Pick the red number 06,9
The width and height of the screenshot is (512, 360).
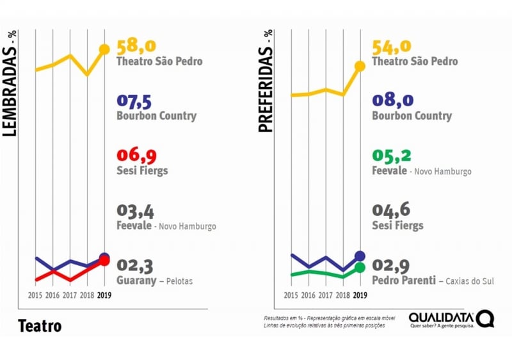pos(136,156)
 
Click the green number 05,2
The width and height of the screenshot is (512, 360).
pos(390,156)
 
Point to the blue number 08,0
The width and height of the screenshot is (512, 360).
pos(392,101)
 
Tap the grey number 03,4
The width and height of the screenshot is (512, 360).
pos(135,211)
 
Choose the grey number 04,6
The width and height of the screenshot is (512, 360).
pos(390,211)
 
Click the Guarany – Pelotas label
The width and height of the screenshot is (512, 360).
pos(154,281)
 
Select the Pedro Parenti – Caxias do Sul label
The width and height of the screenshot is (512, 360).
pos(433,281)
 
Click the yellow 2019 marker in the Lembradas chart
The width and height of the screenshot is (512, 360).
pos(104,49)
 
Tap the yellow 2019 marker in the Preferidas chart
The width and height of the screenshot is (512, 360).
pos(360,65)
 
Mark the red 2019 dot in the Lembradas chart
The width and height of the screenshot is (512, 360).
pos(104,261)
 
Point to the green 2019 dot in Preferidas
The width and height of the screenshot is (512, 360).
pos(360,267)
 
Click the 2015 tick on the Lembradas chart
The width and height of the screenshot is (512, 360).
pos(36,295)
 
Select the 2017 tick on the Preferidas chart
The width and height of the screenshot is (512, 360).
pos(326,295)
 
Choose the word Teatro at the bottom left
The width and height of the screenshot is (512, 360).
pos(40,325)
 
